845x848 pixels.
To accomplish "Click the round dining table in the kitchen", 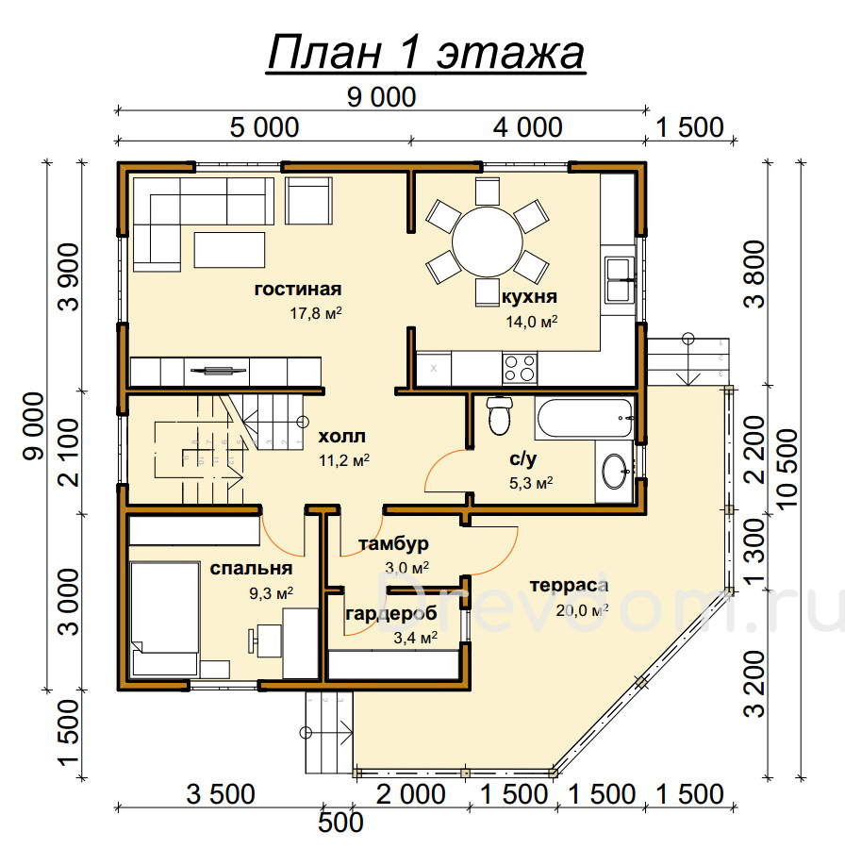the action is pos(488,242).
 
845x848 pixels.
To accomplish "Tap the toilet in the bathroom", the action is pos(499,415).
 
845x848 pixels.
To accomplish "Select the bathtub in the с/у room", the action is pos(584,418).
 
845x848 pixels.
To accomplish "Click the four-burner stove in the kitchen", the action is pos(519,368).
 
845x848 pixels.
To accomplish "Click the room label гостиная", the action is pos(298,290).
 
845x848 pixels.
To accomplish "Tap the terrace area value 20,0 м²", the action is pos(582,610).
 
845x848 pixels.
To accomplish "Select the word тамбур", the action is pos(393,544).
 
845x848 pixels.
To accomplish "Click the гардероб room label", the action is pos(390,614).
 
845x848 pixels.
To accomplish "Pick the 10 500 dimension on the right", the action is pos(787,467).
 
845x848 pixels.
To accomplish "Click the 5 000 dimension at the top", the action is pos(264,127).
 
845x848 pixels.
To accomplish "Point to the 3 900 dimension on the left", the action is pos(69,277).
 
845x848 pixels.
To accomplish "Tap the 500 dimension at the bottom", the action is pos(340,823).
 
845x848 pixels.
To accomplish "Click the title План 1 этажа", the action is pos(426,53).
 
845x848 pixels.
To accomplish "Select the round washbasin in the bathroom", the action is pos(615,472).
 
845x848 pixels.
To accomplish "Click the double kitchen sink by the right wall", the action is pos(620,280).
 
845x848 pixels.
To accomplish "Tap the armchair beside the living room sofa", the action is pos(308,201).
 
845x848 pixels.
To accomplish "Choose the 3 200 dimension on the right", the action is pos(754,684).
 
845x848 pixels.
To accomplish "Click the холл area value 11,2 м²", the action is pos(344,460).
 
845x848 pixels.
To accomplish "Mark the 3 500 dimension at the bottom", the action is pos(221,794).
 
